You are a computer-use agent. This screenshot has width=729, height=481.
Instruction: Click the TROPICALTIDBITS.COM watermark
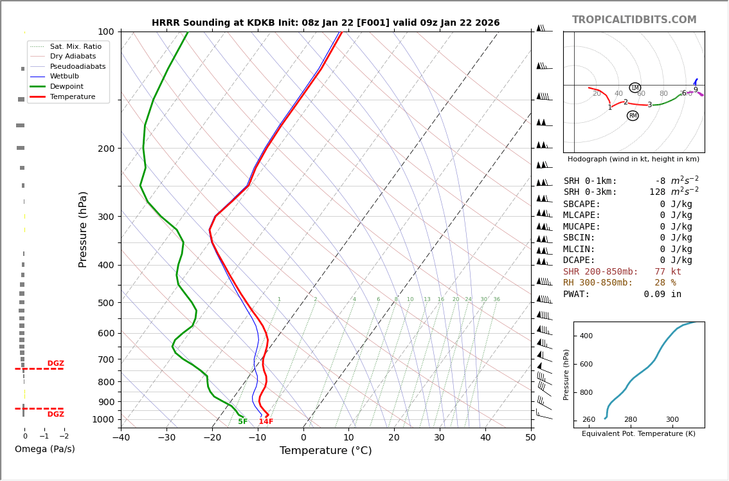click(x=634, y=20)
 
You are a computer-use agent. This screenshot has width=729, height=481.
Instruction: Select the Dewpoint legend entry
click(x=66, y=86)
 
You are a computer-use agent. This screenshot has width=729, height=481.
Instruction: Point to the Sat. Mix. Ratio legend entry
click(x=75, y=46)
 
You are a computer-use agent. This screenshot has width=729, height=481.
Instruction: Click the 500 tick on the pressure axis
click(x=105, y=303)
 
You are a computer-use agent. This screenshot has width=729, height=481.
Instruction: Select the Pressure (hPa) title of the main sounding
click(x=83, y=229)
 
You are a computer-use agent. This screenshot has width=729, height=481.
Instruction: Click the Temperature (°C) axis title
click(x=325, y=451)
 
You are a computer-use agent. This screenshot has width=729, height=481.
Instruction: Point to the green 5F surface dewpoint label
click(x=242, y=422)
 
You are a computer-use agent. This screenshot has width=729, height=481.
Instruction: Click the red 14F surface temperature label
click(x=266, y=422)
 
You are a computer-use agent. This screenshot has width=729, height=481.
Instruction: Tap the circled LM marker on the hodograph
click(x=635, y=88)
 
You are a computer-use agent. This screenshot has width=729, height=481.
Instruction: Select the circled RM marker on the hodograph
click(x=633, y=116)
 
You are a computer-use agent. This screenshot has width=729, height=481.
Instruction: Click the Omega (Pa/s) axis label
click(x=44, y=449)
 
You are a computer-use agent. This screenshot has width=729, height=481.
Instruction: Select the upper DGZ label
click(x=55, y=363)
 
